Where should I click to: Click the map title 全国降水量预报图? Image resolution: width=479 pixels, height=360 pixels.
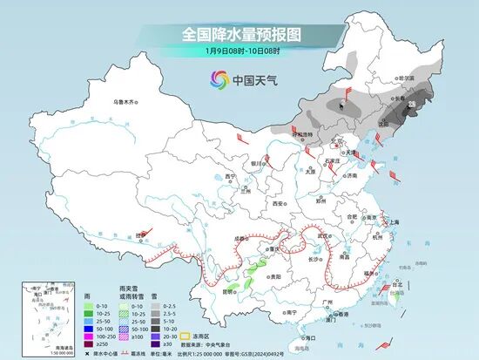(x=240, y=34)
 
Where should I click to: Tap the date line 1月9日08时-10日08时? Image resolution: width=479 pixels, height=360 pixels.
(x=240, y=51)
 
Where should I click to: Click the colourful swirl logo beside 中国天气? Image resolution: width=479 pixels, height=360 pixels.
(x=218, y=80)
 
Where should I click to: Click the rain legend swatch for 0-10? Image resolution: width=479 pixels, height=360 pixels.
(x=90, y=307)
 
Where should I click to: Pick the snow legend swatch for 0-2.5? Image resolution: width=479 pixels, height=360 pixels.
(x=156, y=307)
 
